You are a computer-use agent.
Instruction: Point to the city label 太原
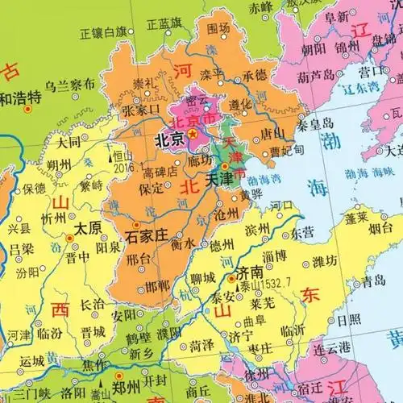tap(88, 228)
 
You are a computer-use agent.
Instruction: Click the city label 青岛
tap(374, 282)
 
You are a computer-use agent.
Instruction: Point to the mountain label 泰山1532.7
tap(260, 284)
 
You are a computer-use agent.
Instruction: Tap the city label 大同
tap(69, 142)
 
